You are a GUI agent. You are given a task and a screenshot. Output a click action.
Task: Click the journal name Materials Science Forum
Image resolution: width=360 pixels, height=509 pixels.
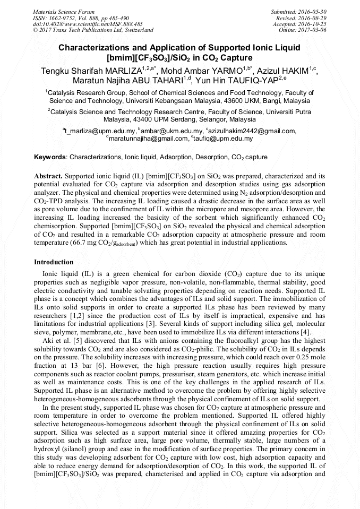(64, 11)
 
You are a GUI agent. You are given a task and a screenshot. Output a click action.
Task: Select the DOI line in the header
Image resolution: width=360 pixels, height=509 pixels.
(88, 24)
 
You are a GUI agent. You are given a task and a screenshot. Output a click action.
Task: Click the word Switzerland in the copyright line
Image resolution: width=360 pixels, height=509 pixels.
(136, 30)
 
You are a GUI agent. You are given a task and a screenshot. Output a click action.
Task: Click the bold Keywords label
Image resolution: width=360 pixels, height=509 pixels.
(50, 158)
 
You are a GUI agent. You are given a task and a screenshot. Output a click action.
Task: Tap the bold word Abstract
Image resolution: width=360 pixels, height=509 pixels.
(49, 175)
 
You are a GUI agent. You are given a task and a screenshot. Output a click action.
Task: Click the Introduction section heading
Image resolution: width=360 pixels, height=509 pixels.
(54, 262)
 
